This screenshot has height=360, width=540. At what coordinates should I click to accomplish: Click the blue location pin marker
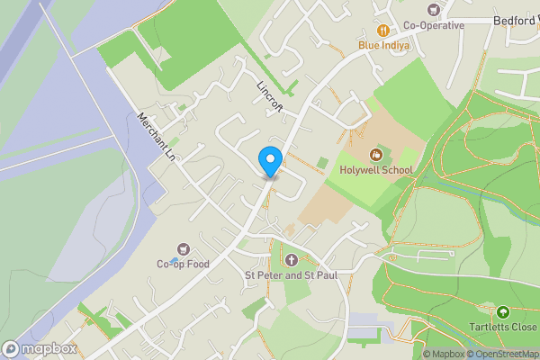tap(269, 161)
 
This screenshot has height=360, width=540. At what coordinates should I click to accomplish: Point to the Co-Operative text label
tap(434, 25)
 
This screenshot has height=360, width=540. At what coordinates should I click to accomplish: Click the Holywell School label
tap(376, 170)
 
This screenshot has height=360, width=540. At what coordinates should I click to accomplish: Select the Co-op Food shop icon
tap(184, 248)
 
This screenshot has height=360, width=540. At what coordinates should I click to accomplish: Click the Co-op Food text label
tap(183, 264)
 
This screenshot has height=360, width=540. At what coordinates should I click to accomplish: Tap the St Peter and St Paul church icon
tap(291, 259)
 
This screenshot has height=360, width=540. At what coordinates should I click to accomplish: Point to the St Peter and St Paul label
tap(291, 274)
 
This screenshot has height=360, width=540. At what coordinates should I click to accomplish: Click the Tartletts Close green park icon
tap(502, 312)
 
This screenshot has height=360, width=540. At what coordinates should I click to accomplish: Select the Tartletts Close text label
tap(503, 328)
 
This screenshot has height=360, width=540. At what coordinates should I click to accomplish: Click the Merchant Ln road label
tap(155, 138)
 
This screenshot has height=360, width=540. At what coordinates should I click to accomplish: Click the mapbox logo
tap(39, 348)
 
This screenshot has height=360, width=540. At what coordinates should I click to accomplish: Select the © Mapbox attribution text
tap(443, 354)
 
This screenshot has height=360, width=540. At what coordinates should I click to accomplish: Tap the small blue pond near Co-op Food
tap(174, 261)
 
